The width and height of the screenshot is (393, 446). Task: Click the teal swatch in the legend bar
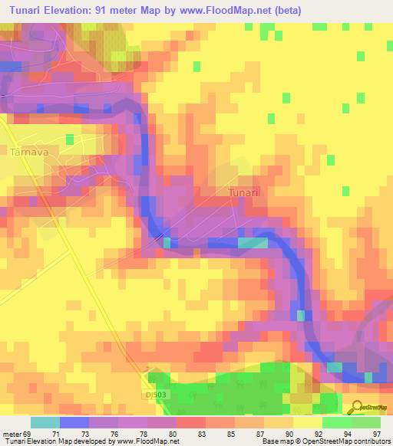tap(45, 422)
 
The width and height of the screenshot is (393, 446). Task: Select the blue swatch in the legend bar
tap(74, 422)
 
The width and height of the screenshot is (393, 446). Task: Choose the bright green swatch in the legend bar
tap(336, 422)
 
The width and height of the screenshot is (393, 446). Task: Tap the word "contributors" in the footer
tap(372, 441)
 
